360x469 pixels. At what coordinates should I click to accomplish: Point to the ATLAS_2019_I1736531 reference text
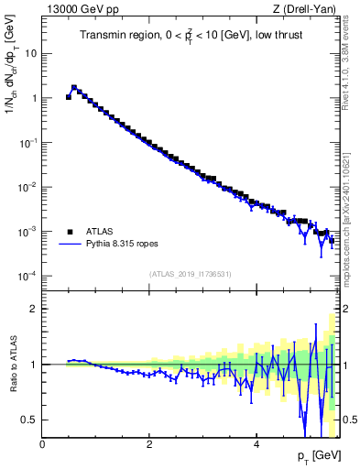click(189, 273)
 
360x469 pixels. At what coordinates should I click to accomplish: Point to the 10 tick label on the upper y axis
click(30, 53)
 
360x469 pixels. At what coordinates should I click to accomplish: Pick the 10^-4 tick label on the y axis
click(27, 277)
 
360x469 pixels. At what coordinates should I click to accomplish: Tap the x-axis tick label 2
click(148, 444)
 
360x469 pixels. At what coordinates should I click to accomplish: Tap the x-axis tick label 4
click(256, 444)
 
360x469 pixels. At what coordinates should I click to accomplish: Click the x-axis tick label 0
click(42, 444)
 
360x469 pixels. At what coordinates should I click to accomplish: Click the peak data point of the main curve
click(74, 88)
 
